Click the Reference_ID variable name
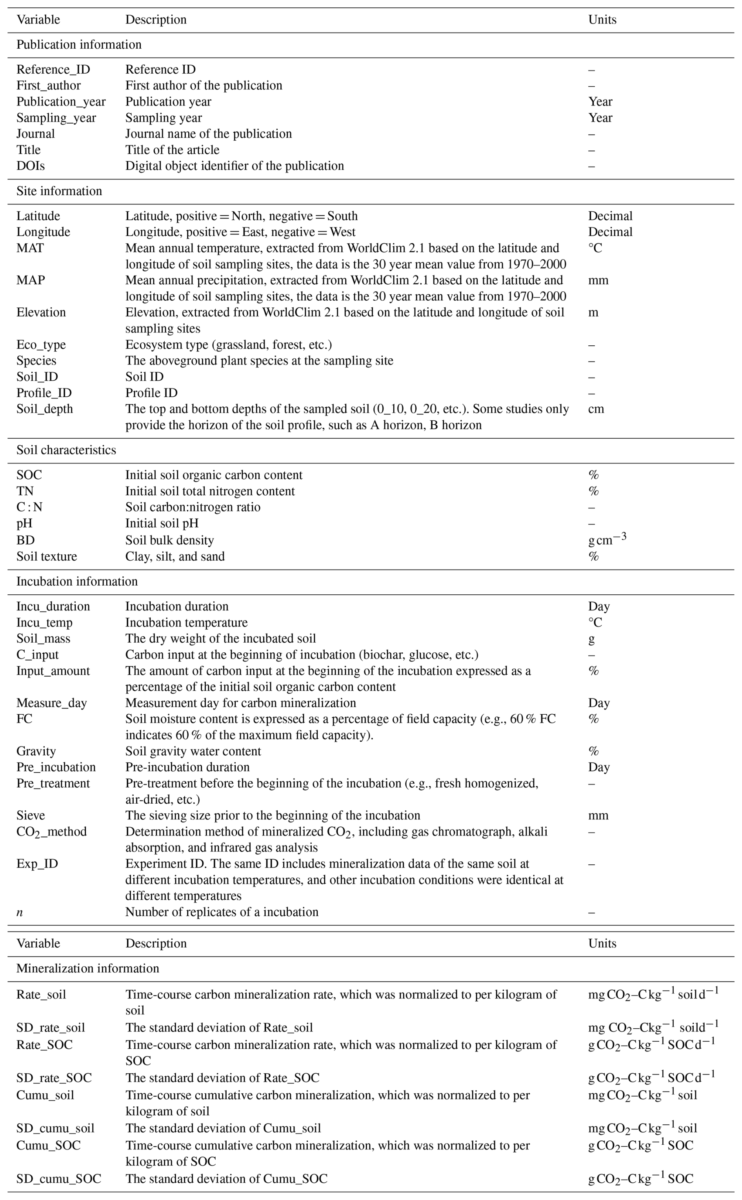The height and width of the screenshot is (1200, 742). [x=53, y=70]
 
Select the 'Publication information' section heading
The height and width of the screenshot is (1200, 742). [x=79, y=45]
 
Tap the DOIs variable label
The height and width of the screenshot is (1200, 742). [x=31, y=166]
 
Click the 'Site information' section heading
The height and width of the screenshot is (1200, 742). [x=59, y=191]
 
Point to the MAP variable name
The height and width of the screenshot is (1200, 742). [x=31, y=280]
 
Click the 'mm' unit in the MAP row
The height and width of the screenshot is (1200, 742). [x=598, y=280]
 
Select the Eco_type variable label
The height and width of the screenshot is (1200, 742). [x=41, y=345]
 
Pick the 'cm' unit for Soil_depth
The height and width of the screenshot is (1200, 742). [x=596, y=409]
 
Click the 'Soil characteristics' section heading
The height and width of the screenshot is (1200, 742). [x=66, y=450]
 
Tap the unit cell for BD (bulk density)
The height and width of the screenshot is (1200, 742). [x=607, y=539]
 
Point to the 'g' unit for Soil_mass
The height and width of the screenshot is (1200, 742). [x=591, y=639]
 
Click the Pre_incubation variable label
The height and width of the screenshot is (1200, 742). [x=56, y=767]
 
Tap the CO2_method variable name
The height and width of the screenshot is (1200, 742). [x=51, y=832]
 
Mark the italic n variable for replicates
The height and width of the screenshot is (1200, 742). [x=20, y=912]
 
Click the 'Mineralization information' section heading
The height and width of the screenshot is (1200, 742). [x=87, y=969]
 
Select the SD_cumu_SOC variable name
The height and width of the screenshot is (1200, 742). [x=59, y=1179]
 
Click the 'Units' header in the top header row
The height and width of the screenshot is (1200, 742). [x=602, y=20]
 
